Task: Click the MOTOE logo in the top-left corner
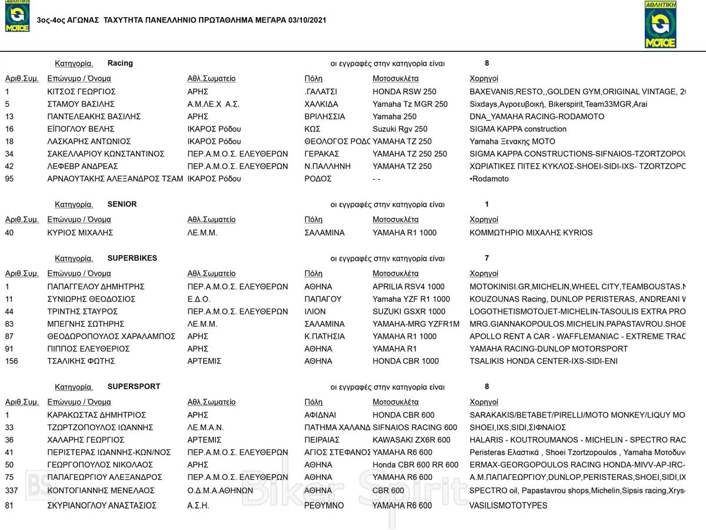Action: pos(17,16)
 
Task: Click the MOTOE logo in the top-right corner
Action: pos(661,25)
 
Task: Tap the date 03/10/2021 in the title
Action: pos(307,21)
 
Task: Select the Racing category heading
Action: pos(120,63)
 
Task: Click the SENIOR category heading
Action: pos(122,204)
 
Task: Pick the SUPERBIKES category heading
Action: pos(132,258)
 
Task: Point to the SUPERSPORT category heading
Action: pos(134,387)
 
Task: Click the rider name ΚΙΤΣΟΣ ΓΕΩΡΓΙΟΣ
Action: pos(81,92)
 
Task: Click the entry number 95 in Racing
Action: pos(9,179)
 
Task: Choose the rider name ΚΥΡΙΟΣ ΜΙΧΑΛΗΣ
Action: pos(80,233)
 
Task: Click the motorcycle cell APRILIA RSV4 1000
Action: pos(408,287)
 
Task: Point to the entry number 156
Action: pos(12,361)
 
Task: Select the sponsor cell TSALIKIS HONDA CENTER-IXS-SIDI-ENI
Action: pos(543,361)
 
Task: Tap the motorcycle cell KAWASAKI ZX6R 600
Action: pos(411,440)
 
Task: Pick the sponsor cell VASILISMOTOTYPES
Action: pos(508,505)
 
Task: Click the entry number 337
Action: pos(12,491)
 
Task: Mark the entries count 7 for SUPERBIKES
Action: pos(487,258)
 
